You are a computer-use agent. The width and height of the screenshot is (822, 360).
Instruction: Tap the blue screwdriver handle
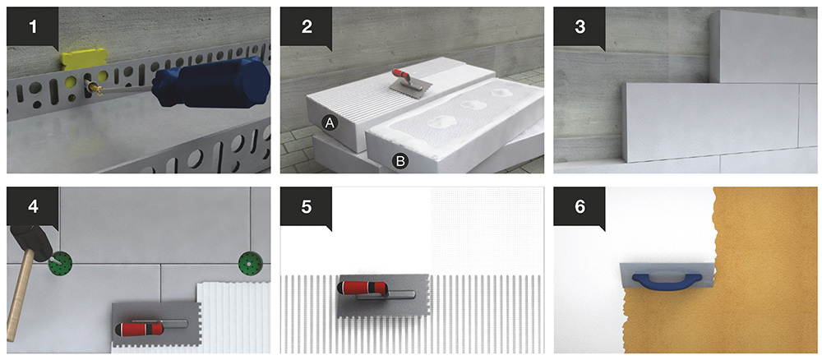pos(210,82)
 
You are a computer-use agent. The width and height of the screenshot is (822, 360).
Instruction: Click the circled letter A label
pos(330,122)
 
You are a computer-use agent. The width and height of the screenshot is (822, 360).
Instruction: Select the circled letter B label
pos(400,161)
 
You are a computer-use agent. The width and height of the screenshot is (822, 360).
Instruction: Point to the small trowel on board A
pos(411,81)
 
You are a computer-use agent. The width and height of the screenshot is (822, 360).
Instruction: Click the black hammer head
pos(30,243)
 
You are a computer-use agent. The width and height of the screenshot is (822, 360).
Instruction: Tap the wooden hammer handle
pos(20,296)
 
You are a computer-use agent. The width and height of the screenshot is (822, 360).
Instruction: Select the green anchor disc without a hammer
pos(250,261)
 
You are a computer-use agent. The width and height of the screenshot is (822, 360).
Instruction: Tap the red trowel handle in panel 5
pos(363,288)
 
